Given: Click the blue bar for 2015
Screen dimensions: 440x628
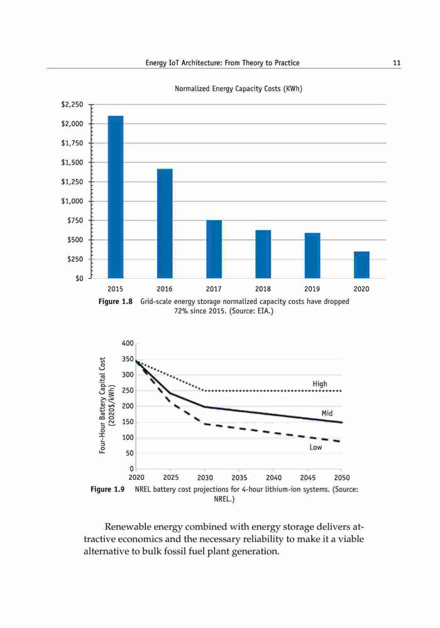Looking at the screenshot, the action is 116,197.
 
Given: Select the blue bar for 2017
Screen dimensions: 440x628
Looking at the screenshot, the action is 214,249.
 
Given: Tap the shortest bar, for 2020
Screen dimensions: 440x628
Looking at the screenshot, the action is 361,265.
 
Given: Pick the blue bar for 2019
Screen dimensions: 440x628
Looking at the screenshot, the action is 312,256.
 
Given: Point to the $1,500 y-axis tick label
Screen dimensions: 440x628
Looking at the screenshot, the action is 72,163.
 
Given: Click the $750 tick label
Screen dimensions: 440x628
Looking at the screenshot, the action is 75,220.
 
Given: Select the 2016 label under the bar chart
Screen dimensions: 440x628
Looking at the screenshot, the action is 165,289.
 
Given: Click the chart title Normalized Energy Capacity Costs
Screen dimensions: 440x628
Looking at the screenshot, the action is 238,89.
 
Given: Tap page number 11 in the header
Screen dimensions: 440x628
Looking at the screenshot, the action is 397,63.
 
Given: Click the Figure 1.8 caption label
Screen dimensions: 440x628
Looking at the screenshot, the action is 116,301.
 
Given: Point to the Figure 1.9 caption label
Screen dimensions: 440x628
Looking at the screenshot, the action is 107,489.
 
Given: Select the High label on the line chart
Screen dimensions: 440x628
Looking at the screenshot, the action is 320,384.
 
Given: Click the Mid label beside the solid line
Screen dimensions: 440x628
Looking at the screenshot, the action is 327,413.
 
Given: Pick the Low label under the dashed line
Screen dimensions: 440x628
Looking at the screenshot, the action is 316,447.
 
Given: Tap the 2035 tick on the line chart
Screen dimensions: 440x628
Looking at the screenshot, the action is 239,477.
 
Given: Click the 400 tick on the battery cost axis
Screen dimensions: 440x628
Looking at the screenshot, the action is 128,344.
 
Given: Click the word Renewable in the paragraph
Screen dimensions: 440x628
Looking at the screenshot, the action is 128,526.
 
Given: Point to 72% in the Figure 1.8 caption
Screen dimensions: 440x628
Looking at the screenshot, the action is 181,311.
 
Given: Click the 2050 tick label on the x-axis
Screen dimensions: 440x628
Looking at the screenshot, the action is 342,477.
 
